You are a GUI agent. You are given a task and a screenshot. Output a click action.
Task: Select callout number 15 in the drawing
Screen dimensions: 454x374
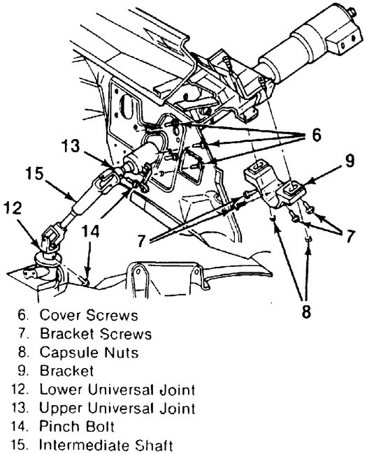(27, 172)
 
